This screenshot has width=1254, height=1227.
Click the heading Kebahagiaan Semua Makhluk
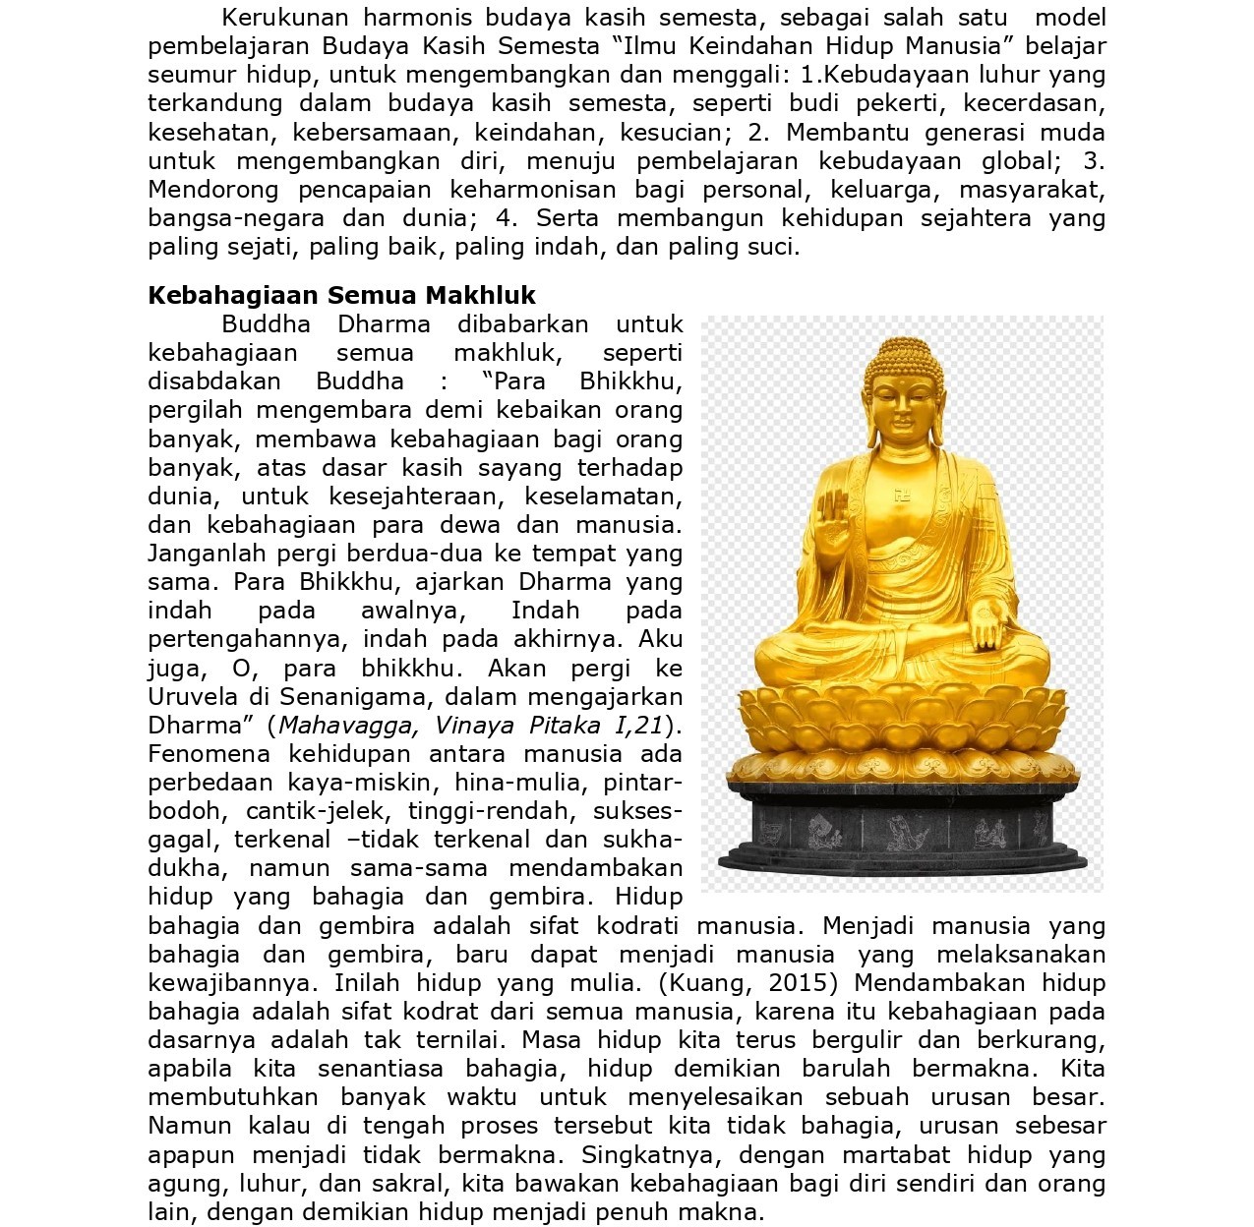pyautogui.click(x=341, y=296)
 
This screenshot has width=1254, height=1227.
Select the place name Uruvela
pyautogui.click(x=194, y=697)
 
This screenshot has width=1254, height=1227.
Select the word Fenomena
pyautogui.click(x=209, y=754)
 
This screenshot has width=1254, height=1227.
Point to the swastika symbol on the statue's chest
pyautogui.click(x=902, y=496)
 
